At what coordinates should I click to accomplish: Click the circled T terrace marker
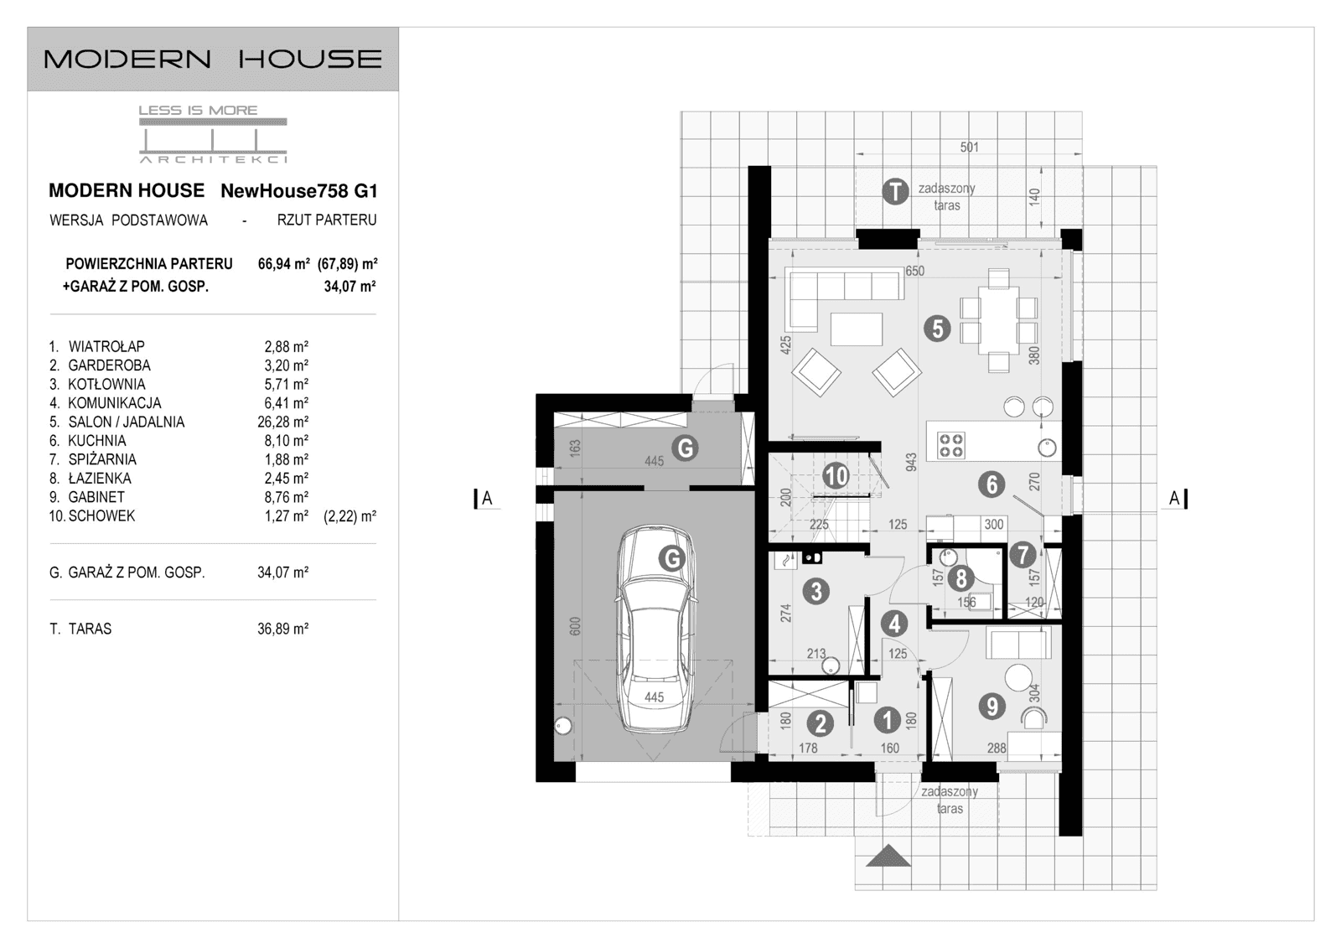(896, 192)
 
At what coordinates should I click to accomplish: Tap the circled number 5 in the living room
(937, 329)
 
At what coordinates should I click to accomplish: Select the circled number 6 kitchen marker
(992, 484)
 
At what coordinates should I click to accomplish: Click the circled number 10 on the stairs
(836, 476)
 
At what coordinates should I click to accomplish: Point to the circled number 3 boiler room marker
(815, 591)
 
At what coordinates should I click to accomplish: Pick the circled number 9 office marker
(992, 707)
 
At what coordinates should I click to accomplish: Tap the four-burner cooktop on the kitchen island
(951, 444)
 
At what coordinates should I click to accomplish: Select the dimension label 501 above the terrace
(969, 148)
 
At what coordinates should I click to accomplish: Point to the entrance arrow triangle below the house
(888, 857)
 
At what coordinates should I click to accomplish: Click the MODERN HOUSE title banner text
(213, 59)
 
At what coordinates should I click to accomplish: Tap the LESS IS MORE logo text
(198, 110)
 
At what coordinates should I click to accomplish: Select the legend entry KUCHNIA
(97, 441)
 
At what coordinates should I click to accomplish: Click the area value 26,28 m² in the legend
(282, 422)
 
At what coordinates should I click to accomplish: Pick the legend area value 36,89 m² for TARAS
(282, 629)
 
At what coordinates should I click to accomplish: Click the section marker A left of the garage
(486, 499)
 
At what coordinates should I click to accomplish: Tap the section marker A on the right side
(1175, 499)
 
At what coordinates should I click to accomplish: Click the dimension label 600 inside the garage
(575, 626)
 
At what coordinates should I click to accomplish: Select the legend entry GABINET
(96, 497)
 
